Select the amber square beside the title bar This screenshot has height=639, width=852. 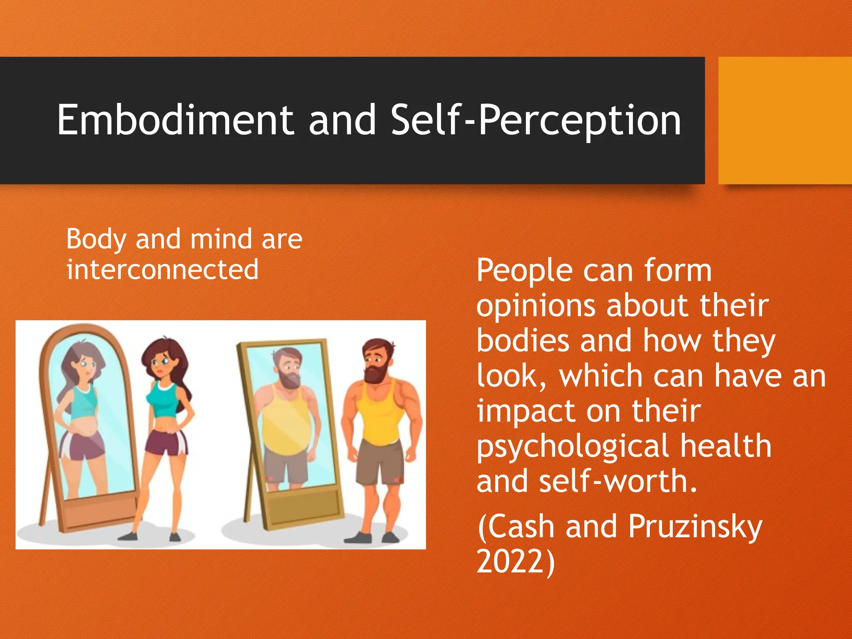tap(785, 121)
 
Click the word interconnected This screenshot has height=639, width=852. tap(162, 270)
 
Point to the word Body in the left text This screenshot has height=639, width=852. tap(96, 240)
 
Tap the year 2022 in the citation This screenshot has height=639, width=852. tap(510, 562)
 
